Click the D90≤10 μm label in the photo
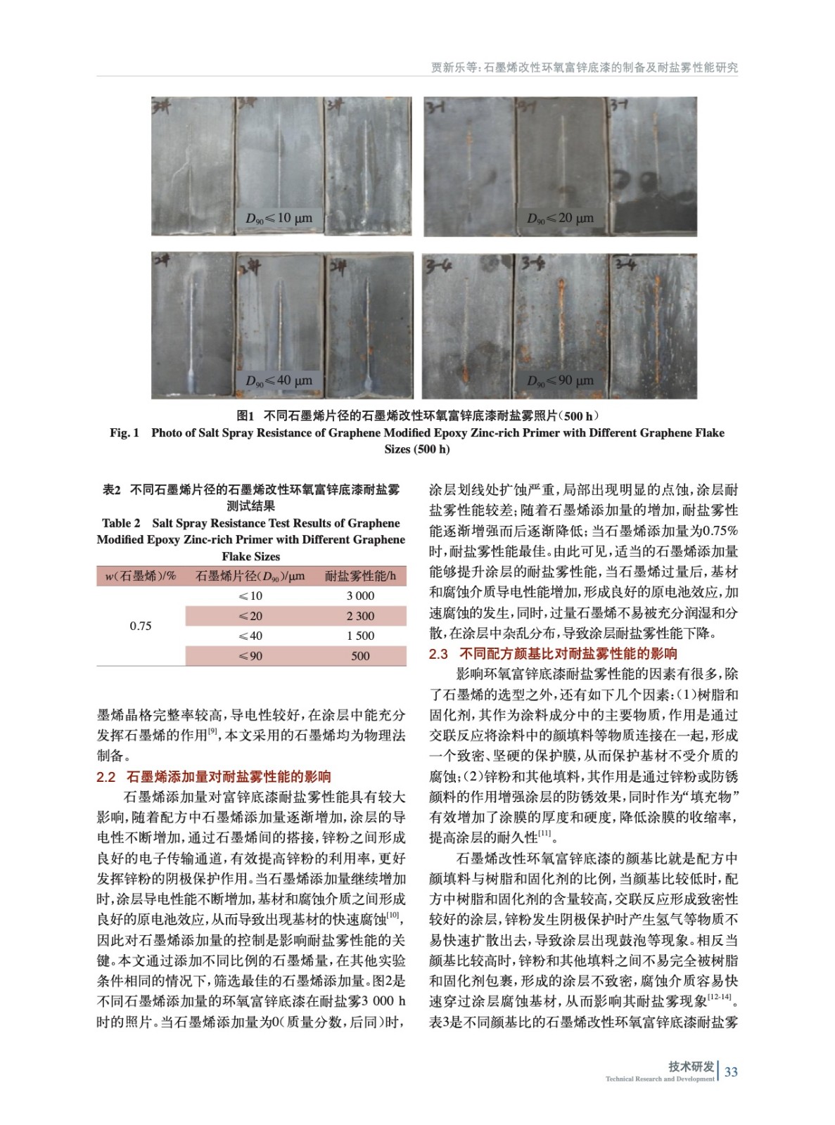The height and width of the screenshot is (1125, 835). pos(279,218)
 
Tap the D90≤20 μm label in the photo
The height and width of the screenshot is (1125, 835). pos(560,218)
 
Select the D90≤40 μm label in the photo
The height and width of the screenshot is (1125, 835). pos(279,380)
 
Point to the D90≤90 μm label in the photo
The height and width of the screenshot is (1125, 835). pos(560,380)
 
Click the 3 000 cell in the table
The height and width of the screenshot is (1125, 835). pos(360,596)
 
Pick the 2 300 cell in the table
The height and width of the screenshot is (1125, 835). pos(360,616)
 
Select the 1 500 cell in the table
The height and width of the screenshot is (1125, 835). pos(360,636)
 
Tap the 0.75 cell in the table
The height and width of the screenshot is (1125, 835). pos(141,626)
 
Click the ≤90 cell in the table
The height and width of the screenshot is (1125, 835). pos(250,656)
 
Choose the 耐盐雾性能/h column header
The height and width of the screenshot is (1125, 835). pos(360,576)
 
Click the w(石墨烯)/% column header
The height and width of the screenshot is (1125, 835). pos(141,576)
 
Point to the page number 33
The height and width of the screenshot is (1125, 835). pos(731,1072)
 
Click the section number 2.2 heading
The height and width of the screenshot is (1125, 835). pos(106,777)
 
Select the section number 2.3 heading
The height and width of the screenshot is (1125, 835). pos(438,654)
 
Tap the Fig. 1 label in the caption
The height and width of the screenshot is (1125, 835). pos(125,433)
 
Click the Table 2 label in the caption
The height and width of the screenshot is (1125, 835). pos(121,523)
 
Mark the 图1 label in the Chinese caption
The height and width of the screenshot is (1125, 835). pos(245,416)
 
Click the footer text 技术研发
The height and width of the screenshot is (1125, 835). pos(691,1067)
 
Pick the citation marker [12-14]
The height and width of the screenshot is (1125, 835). pos(720,996)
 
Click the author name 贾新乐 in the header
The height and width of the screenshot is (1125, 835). pos(447,67)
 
